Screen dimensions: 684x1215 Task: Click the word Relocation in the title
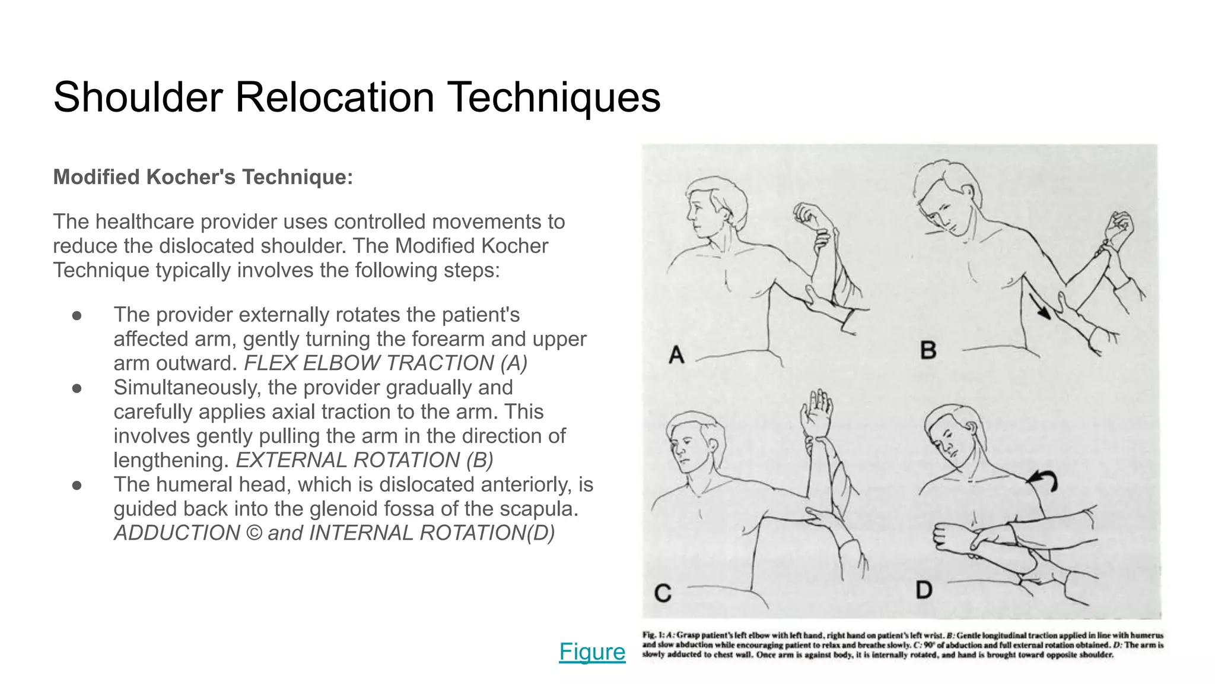(335, 97)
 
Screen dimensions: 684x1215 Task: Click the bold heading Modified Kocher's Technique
(203, 177)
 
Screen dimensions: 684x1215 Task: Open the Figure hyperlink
(591, 651)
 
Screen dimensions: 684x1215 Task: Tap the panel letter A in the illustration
(676, 355)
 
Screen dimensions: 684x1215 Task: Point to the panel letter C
(663, 593)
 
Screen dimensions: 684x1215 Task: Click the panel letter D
(924, 590)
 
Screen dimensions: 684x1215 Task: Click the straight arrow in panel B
(1039, 307)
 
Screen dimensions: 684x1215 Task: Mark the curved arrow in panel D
(1044, 479)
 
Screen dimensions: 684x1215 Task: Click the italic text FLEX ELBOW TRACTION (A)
(386, 363)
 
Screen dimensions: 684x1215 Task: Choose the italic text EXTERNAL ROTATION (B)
(364, 460)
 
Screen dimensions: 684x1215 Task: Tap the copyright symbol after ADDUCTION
(253, 533)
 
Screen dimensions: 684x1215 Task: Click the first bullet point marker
(77, 315)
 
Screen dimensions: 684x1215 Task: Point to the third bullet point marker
(77, 485)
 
